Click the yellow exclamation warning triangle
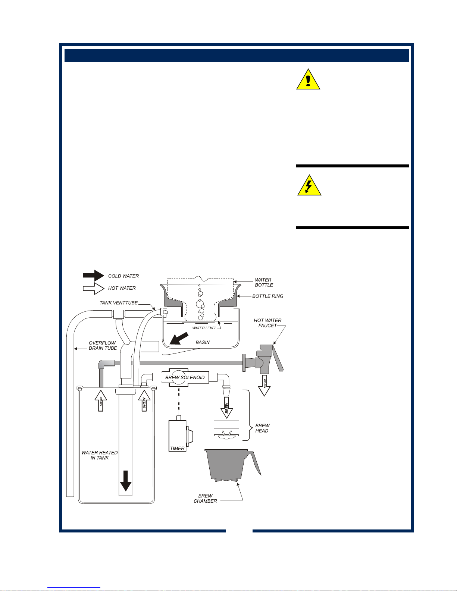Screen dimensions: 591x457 [308, 79]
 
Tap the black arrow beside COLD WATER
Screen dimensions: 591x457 [93, 276]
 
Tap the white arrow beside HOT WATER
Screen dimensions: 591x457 [93, 288]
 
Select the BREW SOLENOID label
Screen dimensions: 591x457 [185, 377]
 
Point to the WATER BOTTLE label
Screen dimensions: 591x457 [263, 282]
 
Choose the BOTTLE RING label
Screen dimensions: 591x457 [267, 296]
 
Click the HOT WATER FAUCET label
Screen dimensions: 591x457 [267, 323]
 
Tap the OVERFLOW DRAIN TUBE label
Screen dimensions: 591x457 [103, 345]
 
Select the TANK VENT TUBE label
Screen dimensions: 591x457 [119, 303]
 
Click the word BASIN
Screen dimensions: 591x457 [203, 342]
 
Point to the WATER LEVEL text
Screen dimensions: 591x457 [204, 328]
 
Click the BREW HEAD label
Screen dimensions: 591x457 [262, 428]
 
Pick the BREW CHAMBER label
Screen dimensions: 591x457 [205, 498]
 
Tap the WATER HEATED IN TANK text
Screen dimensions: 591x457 [100, 455]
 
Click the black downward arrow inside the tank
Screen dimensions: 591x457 [126, 481]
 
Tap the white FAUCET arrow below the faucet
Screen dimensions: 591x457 [264, 385]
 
